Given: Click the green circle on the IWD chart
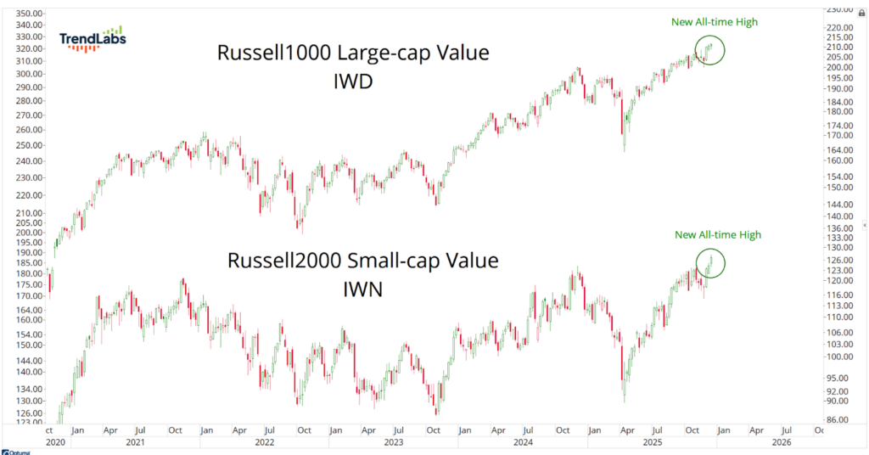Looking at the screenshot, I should (709, 50).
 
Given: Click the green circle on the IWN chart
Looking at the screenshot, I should (710, 262).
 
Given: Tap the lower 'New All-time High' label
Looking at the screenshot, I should (718, 235).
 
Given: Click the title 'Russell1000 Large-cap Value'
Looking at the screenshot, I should (353, 53).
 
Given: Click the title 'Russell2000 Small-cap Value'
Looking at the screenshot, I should (362, 260).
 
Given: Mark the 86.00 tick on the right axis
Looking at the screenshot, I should (842, 420).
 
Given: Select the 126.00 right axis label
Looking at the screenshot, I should (842, 261).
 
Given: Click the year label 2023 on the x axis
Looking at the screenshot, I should (394, 442).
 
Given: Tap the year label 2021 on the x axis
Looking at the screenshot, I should (134, 442).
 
